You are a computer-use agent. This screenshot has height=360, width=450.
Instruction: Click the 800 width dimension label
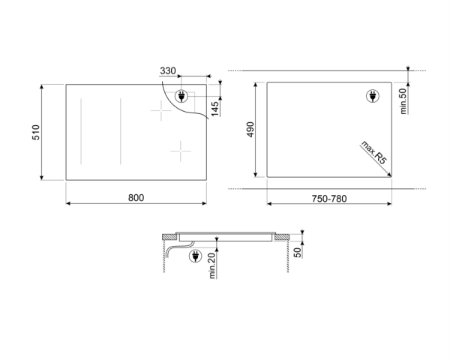135,197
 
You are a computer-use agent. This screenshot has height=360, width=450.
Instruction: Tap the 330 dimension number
167,71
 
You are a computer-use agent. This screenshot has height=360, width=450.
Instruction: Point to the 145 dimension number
214,107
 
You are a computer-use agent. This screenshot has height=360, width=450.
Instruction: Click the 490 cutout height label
251,130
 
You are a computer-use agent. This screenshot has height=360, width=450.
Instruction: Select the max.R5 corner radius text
372,151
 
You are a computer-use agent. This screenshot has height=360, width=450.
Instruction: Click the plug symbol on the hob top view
182,95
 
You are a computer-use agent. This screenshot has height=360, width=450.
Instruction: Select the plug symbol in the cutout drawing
373,95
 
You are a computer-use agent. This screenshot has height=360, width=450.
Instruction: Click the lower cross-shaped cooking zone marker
181,151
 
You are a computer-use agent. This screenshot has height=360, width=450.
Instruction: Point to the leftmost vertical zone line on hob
80,132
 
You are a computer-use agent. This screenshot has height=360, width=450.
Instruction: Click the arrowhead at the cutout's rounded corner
388,173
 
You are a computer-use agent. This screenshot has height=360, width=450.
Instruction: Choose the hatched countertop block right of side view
282,237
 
